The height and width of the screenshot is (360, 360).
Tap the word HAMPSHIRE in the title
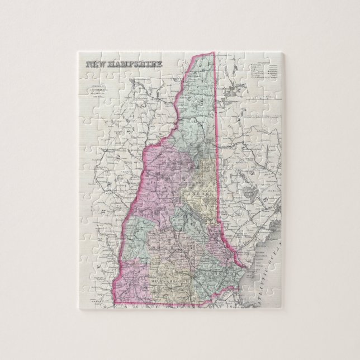137,65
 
